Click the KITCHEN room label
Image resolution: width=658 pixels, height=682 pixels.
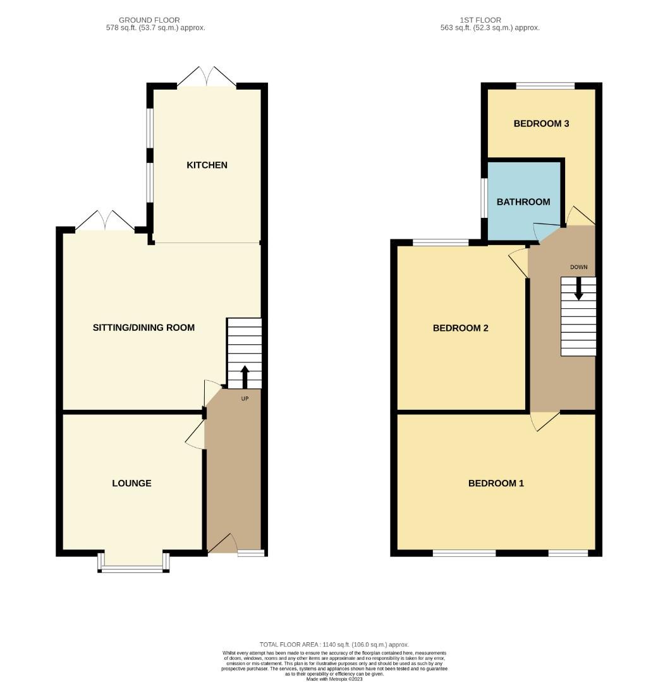[x=207, y=165]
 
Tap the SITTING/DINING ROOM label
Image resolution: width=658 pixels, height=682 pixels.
[x=143, y=327]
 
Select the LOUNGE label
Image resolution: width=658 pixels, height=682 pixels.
[x=131, y=483]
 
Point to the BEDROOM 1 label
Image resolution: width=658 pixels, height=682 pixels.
[x=496, y=483]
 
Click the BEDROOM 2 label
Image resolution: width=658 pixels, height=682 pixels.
[x=460, y=328]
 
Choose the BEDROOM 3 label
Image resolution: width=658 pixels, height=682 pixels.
[x=541, y=123]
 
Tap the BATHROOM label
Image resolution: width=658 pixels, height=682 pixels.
[x=523, y=202]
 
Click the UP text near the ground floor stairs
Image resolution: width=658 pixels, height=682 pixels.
[x=245, y=398]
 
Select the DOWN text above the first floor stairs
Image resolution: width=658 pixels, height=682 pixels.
[x=578, y=267]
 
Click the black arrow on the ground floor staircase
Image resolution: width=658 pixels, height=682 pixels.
[x=245, y=376]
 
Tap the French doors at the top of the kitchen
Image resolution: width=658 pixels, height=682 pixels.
[x=207, y=77]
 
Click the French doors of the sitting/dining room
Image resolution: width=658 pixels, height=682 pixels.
[x=106, y=221]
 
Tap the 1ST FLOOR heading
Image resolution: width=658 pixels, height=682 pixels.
[x=490, y=20]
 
